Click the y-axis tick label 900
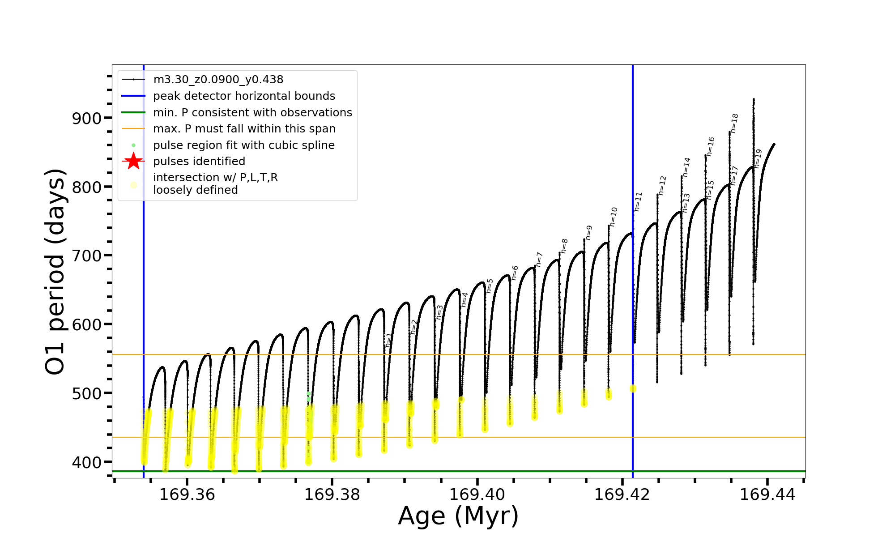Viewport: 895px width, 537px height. [87, 119]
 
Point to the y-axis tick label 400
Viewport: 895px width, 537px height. [87, 462]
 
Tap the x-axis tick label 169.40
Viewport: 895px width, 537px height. [477, 494]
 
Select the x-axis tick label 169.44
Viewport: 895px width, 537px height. [767, 494]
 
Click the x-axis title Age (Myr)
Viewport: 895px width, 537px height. [458, 516]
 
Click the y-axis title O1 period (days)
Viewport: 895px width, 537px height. [55, 272]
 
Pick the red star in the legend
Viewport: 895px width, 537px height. [133, 161]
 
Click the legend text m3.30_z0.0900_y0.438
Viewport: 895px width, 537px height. [218, 80]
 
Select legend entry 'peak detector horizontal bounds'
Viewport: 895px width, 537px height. [244, 96]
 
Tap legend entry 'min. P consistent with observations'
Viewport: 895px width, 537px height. [252, 112]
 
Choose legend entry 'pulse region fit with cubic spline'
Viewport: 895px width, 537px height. [243, 145]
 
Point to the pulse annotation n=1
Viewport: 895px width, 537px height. [389, 340]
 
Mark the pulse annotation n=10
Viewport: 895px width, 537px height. [614, 217]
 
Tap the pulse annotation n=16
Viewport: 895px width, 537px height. [711, 146]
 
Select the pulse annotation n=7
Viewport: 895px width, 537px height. [539, 260]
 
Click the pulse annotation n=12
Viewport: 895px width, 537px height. [663, 185]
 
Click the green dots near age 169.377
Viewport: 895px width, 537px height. [308, 396]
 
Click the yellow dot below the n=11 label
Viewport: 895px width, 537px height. [633, 388]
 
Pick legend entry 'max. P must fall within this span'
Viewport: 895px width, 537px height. [244, 129]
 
